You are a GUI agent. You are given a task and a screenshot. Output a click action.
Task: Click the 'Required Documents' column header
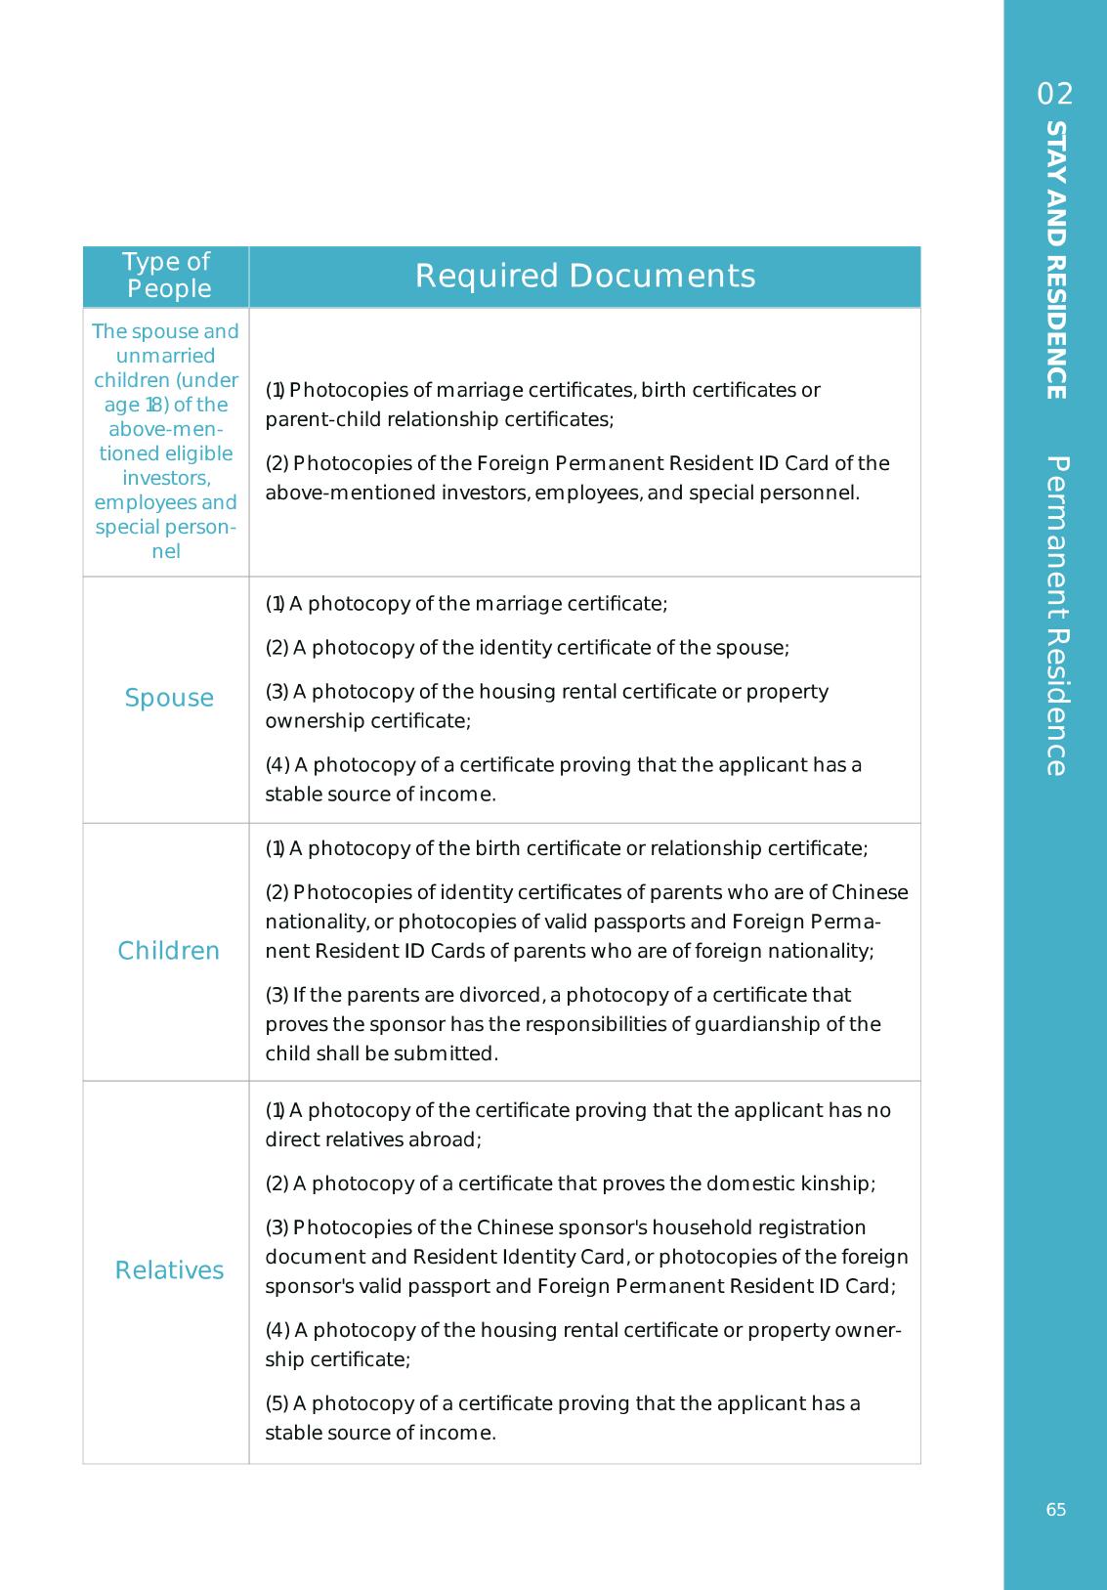584,277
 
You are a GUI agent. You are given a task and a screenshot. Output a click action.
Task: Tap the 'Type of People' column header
166,276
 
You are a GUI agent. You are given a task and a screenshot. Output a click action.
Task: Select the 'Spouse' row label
169,698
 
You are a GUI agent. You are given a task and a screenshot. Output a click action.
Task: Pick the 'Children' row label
168,951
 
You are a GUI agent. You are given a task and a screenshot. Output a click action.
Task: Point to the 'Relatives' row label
169,1270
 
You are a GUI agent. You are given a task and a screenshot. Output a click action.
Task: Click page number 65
1055,1510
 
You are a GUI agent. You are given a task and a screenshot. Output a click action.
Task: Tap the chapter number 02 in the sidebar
1055,94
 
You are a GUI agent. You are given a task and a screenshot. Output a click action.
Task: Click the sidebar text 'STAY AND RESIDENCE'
1055,260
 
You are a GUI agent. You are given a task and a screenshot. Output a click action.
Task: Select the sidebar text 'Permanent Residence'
1055,616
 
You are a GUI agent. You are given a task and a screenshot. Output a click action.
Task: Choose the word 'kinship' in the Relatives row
837,1183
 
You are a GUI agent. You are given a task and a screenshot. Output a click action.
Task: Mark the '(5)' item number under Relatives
277,1403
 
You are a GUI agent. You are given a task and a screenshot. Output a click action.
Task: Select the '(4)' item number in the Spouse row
277,765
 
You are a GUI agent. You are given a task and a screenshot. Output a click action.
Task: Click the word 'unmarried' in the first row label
165,356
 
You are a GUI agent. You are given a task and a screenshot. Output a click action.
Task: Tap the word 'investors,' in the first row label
166,478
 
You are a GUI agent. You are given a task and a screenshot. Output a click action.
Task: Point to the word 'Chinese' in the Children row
870,892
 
